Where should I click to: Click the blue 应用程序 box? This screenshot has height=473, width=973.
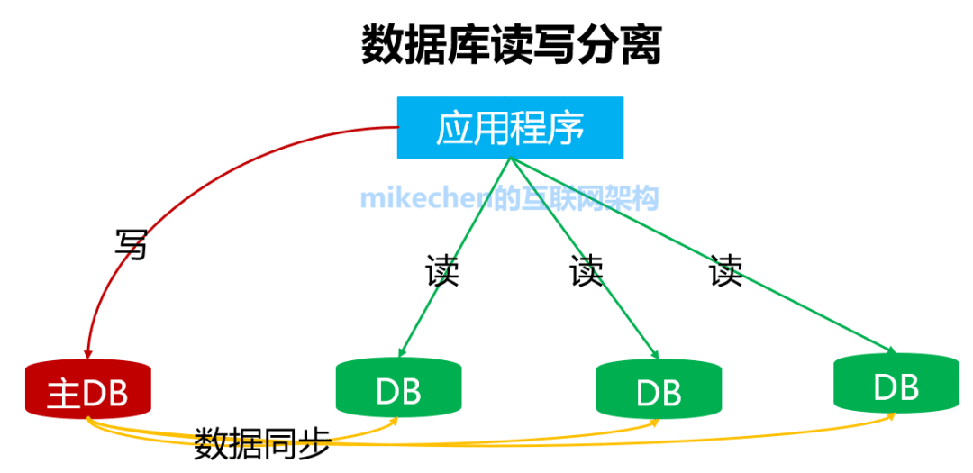coord(510,128)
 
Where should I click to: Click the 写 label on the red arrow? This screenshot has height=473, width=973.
coord(131,244)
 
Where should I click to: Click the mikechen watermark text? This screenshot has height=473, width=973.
coord(510,197)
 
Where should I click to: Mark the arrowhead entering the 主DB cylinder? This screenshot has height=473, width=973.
coord(87,352)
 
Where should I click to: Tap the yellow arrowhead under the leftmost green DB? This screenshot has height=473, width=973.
coord(393,422)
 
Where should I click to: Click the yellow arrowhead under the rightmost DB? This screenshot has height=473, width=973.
coord(892,416)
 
